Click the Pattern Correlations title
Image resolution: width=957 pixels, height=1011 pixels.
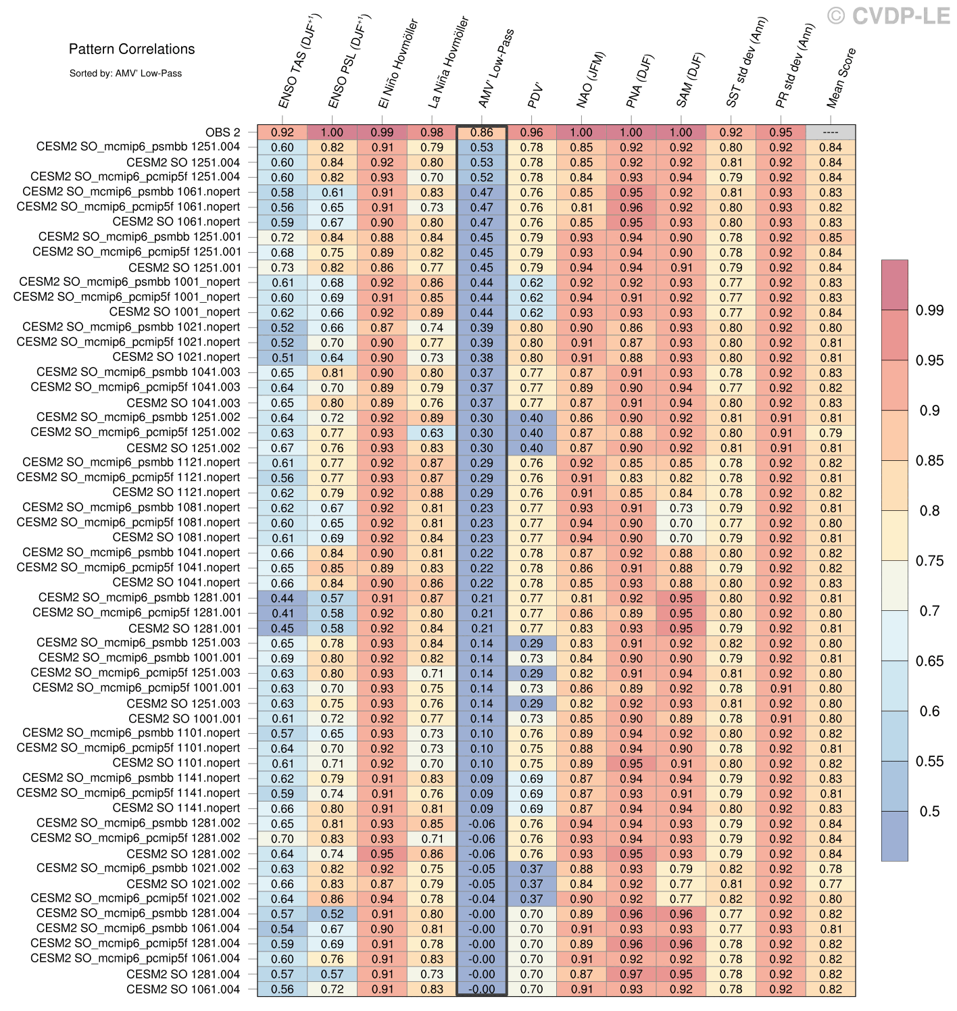(x=132, y=49)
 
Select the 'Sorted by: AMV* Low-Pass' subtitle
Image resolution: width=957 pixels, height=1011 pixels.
(x=125, y=73)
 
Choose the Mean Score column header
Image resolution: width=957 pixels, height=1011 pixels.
(x=841, y=78)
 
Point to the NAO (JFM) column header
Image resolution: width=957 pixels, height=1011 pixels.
(x=592, y=80)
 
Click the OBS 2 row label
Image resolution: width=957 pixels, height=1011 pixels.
(x=222, y=132)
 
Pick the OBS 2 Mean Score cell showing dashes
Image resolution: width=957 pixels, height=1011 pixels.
(x=830, y=132)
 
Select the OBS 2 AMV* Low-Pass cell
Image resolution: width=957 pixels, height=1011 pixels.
(x=481, y=132)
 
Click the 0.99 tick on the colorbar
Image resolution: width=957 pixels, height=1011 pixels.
(x=929, y=310)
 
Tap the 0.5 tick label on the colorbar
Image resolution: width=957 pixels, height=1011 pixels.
(x=929, y=812)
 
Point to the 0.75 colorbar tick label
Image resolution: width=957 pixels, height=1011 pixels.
(x=929, y=561)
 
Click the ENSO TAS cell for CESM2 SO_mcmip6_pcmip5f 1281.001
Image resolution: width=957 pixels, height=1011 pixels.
(x=283, y=613)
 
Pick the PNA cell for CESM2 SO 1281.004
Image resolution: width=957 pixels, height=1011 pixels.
(x=631, y=974)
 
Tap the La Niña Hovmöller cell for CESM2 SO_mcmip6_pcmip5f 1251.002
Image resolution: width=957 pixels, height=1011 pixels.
(x=432, y=433)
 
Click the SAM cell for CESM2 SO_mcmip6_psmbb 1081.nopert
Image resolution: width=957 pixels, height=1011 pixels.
(x=681, y=508)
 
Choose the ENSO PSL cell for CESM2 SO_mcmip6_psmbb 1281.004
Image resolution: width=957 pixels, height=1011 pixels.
(x=332, y=914)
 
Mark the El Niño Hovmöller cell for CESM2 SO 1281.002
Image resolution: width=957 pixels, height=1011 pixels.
(x=382, y=854)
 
